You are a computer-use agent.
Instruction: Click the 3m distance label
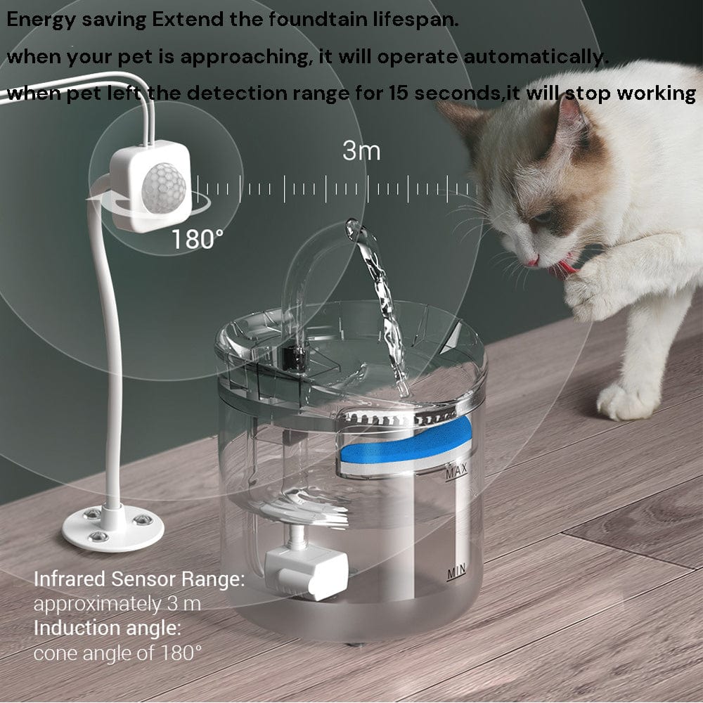[x=361, y=150]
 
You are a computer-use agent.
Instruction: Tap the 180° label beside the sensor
[x=198, y=240]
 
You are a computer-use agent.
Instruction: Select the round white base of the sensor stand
[x=112, y=529]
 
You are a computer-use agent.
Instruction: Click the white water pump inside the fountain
[x=307, y=569]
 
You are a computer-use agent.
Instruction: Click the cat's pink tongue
[x=567, y=267]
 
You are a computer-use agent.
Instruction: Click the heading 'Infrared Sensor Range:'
[x=139, y=580]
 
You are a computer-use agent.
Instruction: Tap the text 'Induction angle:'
[x=108, y=628]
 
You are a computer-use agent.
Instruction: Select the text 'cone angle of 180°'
[x=117, y=653]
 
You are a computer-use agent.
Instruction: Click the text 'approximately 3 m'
[x=117, y=604]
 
